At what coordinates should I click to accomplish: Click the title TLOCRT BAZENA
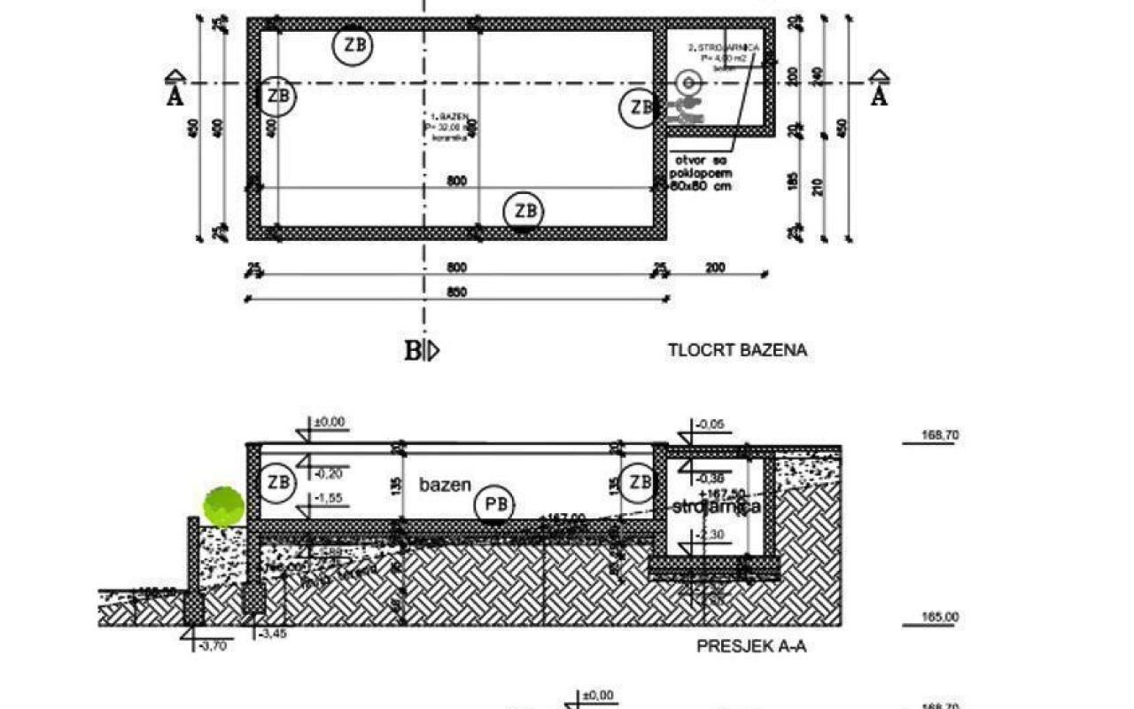point(737,350)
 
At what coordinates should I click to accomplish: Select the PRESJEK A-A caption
point(750,647)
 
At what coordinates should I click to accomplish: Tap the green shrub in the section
point(224,506)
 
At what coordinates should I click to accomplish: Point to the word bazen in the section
point(445,485)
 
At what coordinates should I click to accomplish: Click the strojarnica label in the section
point(717,507)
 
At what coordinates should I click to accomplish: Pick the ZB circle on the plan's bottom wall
point(524,212)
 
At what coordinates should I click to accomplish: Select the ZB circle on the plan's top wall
point(352,45)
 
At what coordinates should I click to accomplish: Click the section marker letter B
point(412,351)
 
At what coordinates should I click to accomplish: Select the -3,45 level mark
point(269,635)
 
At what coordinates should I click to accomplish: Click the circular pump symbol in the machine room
point(687,83)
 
